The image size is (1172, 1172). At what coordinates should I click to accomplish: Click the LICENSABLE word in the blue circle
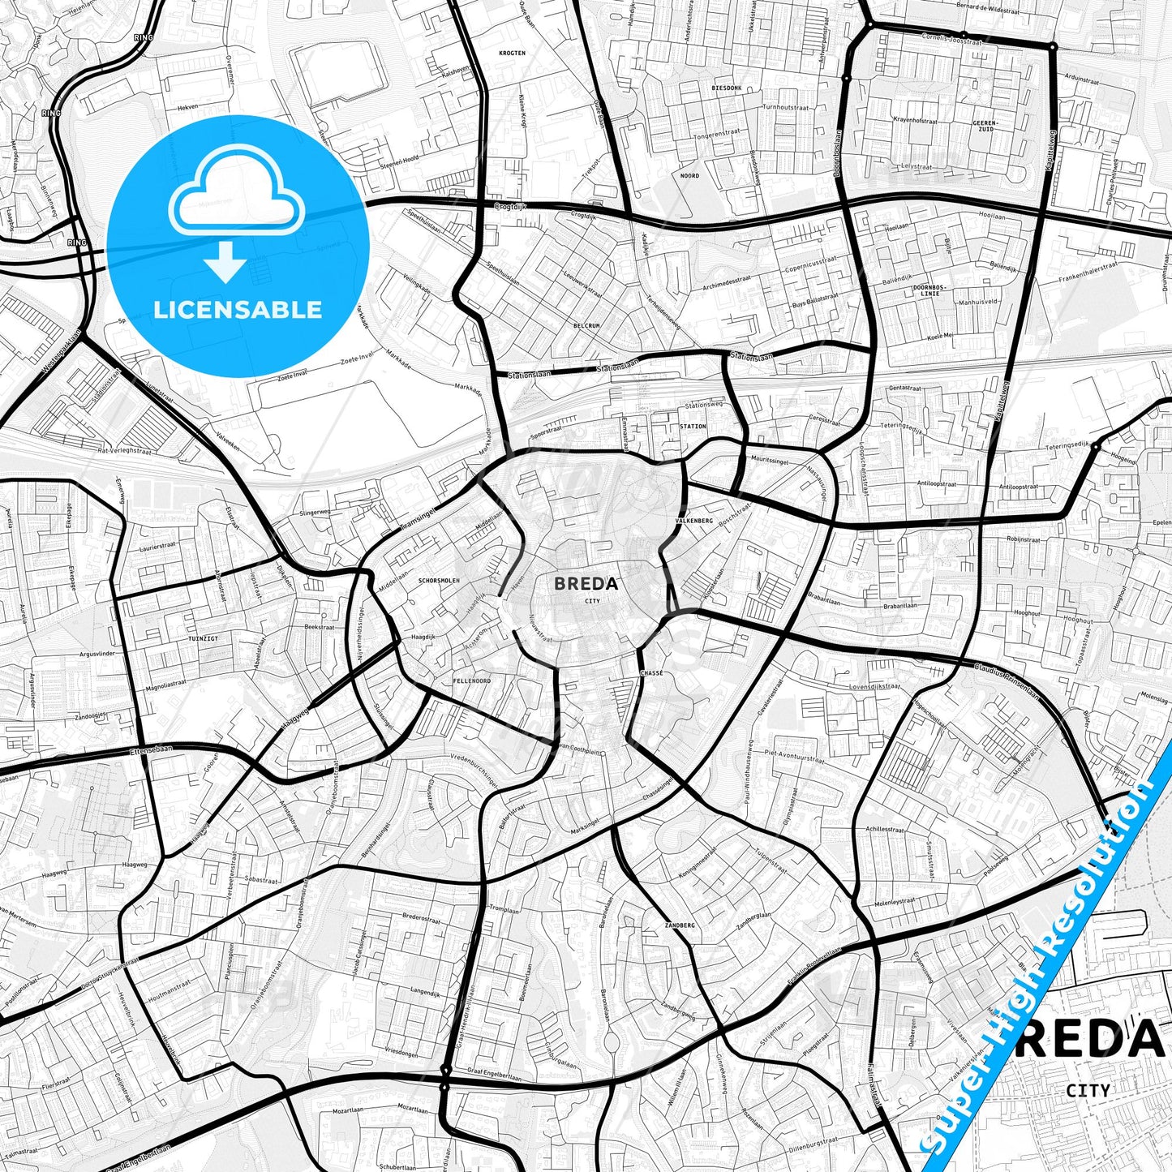238,310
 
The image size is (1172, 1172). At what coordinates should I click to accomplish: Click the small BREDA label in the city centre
586,583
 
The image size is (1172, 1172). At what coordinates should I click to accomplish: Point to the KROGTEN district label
513,54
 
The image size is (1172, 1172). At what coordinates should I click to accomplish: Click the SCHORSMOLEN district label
439,581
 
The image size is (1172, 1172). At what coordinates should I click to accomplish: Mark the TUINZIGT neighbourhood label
203,639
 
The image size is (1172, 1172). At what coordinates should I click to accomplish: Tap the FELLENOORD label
471,681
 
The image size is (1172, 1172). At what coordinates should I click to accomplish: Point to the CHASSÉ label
651,673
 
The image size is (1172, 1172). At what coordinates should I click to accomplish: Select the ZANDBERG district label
679,925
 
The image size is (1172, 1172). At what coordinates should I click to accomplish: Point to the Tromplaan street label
504,911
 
